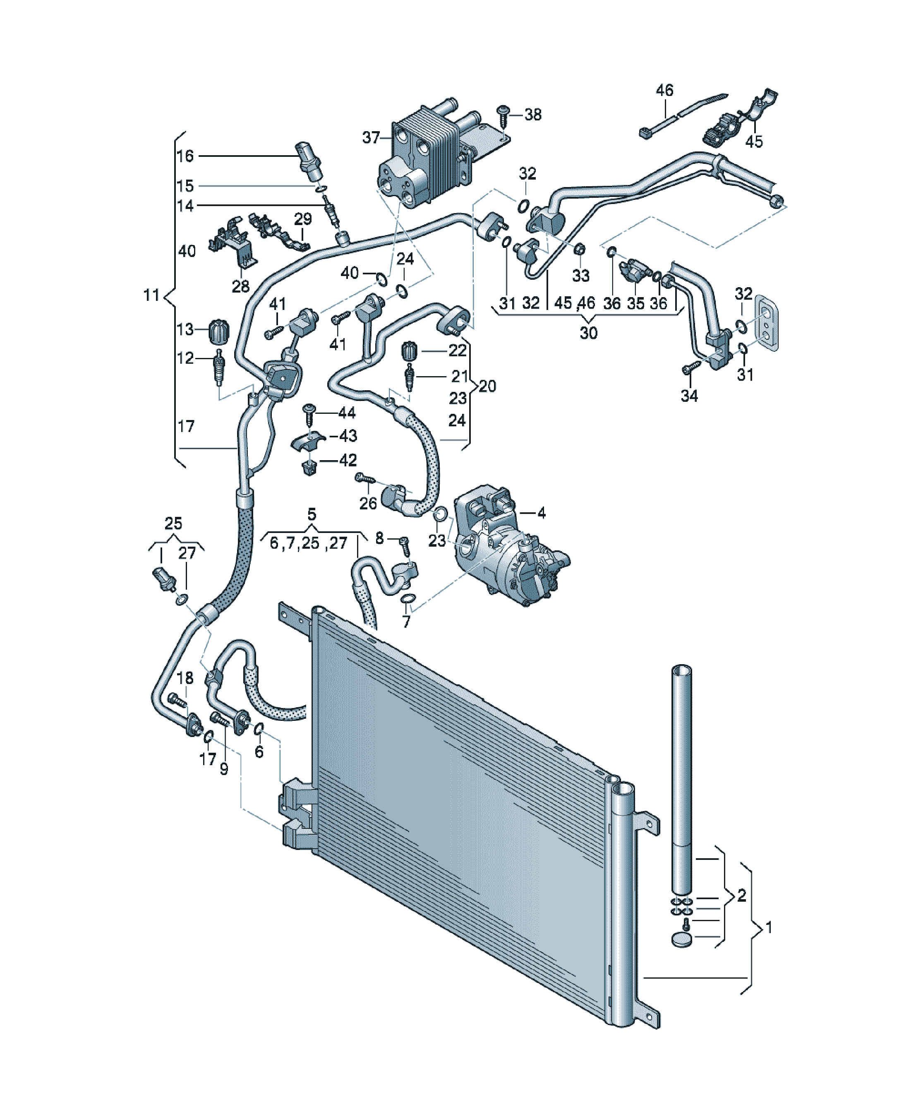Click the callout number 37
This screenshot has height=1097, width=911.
(371, 137)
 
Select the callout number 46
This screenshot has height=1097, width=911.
(664, 90)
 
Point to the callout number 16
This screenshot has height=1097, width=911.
(185, 156)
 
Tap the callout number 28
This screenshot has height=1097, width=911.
(241, 286)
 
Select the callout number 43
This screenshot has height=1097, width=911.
(348, 435)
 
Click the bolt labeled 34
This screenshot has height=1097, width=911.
(691, 367)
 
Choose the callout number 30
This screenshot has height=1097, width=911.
(589, 333)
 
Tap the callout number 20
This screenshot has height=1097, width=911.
(487, 386)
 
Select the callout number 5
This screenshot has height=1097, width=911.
(312, 514)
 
